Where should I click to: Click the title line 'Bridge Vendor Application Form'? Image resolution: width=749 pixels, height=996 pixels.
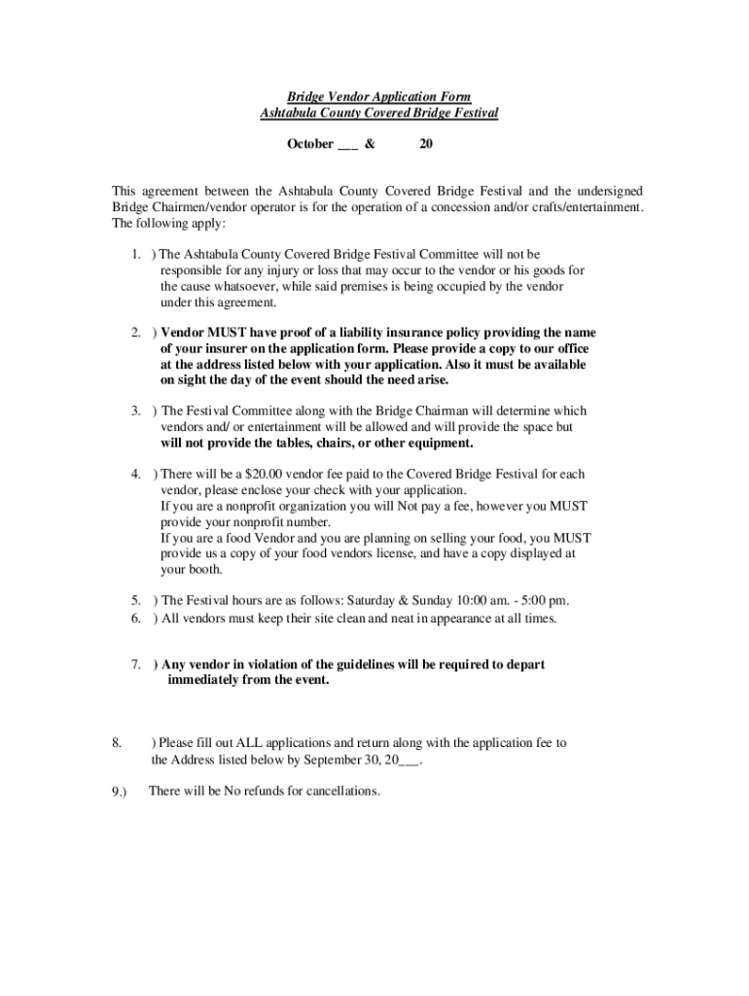pos(378,97)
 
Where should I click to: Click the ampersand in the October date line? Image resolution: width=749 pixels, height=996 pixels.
pos(370,144)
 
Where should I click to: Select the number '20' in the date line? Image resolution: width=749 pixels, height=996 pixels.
pos(425,144)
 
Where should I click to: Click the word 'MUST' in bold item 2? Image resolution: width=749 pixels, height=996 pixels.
pos(227,332)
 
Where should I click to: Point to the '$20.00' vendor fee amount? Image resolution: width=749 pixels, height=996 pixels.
pos(265,475)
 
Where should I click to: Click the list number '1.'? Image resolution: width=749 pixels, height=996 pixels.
pos(137,255)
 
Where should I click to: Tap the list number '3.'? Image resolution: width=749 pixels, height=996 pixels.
pos(137,411)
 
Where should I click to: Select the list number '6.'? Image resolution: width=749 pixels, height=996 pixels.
pos(137,618)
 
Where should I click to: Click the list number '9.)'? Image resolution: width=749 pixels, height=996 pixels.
pos(120,792)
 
